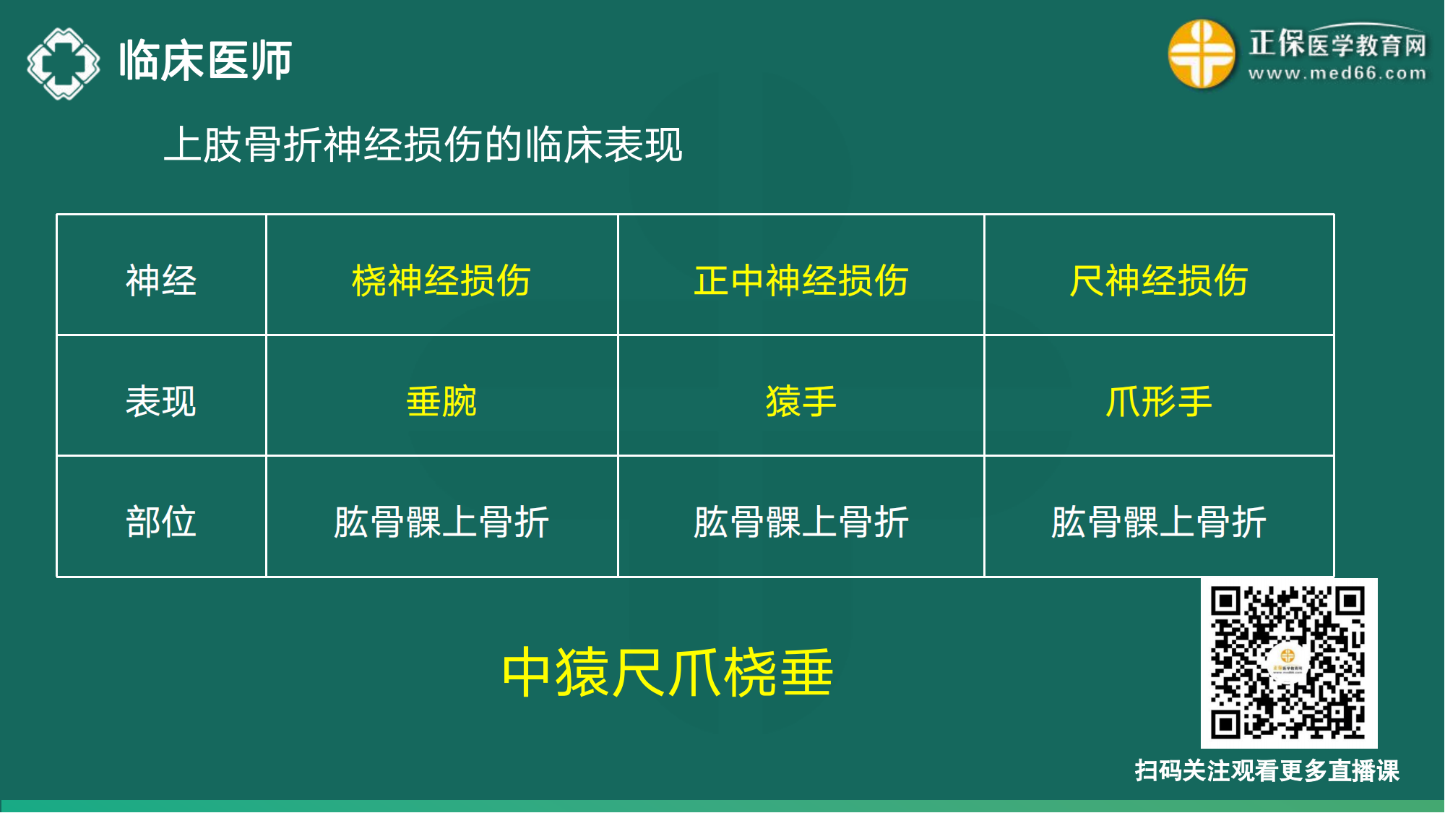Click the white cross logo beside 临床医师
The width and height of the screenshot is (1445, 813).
pos(64,63)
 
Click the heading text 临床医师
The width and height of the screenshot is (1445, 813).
pos(205,61)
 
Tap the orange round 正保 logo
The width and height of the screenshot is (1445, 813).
pos(1201,53)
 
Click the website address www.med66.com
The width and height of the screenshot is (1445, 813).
pos(1337,73)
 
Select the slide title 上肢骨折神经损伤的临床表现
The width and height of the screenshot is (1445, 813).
pos(423,145)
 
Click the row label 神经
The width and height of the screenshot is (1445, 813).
pos(161,280)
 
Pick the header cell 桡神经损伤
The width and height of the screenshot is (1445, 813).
pos(441,280)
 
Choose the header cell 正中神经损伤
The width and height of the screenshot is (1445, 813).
pos(801,280)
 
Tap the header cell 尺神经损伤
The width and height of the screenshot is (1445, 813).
pos(1158,280)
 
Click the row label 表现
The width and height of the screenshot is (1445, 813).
pos(161,401)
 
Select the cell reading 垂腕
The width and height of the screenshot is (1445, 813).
pos(441,401)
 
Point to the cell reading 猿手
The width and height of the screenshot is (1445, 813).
pos(801,401)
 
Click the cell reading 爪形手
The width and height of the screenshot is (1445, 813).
pos(1158,401)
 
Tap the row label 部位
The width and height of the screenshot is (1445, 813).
pos(161,521)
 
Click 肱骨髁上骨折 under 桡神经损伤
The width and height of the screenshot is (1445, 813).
pos(441,522)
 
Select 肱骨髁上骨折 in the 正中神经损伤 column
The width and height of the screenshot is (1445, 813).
pos(801,522)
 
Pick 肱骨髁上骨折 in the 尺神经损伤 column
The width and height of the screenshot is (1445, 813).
pos(1158,522)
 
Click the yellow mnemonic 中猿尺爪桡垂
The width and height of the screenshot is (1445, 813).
pos(668,673)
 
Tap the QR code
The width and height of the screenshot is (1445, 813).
pos(1288,663)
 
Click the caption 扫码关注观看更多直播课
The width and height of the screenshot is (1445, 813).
pos(1267,770)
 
